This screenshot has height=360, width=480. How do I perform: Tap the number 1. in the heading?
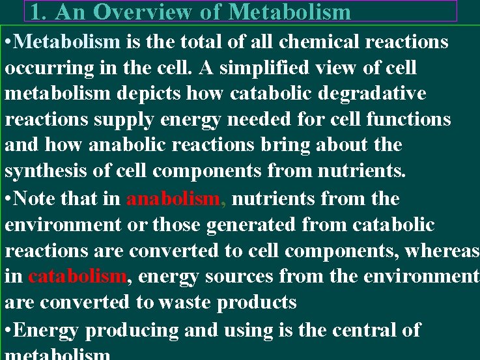(x=38, y=12)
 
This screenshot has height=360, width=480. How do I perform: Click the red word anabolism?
(x=173, y=199)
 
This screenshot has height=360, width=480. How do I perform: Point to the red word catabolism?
(x=77, y=277)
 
